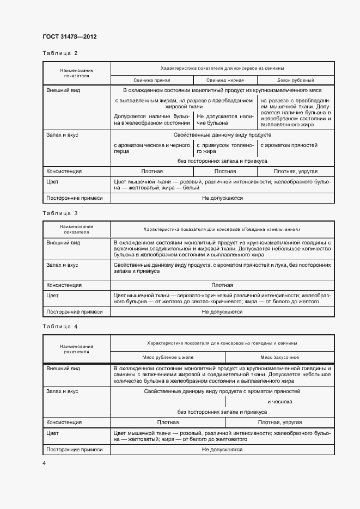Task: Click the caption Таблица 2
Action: pos(60,53)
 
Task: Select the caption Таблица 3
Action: pos(60,213)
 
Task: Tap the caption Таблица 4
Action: pos(60,326)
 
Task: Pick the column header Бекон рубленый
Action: pos(296,80)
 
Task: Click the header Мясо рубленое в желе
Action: pos(168,357)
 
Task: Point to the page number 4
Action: pos(44,463)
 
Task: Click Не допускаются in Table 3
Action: pos(222,312)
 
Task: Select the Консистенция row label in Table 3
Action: pos(64,285)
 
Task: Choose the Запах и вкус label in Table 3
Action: pos(62,265)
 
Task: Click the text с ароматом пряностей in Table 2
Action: pos(289,145)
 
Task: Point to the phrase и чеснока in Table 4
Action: pos(280,402)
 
